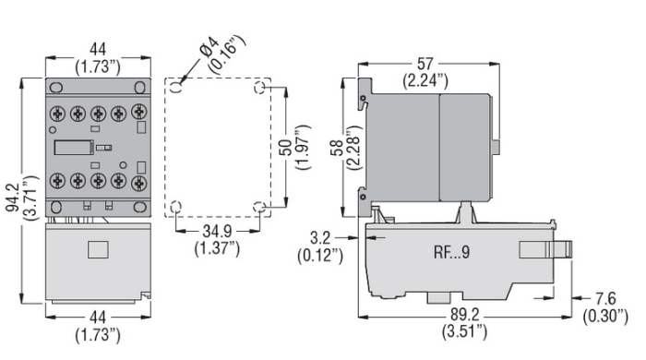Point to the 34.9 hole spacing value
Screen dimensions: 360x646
218,232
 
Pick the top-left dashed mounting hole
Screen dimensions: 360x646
178,87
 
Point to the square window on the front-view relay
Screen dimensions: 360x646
97,248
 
